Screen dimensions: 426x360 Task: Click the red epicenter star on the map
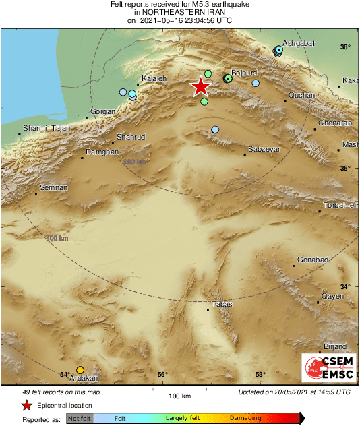pos(200,87)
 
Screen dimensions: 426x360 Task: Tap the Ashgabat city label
pos(298,42)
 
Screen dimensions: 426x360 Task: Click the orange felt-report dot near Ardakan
pos(80,369)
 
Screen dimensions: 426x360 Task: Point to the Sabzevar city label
pos(262,148)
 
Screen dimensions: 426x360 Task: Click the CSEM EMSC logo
pos(325,369)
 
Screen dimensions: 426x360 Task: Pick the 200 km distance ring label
pos(135,162)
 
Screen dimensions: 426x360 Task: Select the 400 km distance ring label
pos(57,238)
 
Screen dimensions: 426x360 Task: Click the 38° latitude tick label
pos(344,47)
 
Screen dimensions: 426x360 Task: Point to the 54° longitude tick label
pos(65,375)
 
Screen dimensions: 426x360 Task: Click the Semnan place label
pos(54,187)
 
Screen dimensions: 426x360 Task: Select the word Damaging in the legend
pos(246,418)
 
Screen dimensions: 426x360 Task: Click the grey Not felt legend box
pos(80,419)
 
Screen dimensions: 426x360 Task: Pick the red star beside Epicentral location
pos(26,405)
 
